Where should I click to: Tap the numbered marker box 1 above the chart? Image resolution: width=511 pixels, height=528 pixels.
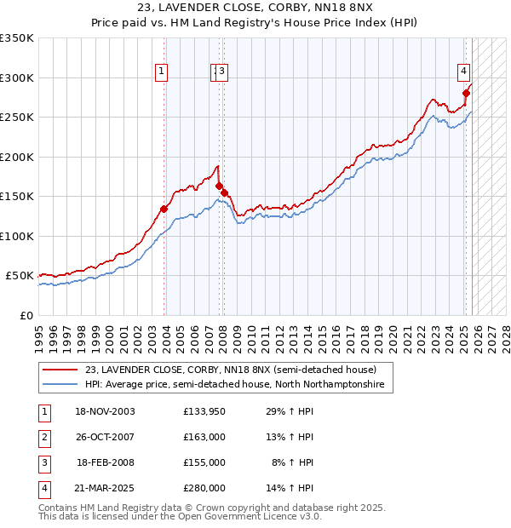[161, 72]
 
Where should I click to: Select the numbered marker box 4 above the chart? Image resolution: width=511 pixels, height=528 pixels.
[464, 72]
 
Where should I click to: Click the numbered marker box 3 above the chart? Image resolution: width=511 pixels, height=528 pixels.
[221, 72]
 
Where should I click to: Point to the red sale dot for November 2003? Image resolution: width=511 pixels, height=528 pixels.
[164, 209]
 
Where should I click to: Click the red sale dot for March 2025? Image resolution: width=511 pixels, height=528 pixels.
[466, 94]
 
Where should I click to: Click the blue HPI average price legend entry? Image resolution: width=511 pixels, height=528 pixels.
[234, 385]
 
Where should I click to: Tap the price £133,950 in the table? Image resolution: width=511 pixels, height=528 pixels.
[204, 411]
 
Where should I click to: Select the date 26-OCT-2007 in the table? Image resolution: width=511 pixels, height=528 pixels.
[106, 437]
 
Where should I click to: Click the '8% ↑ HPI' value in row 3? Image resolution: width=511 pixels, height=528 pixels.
[292, 462]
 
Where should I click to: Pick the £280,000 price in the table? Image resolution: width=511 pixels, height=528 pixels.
[204, 488]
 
